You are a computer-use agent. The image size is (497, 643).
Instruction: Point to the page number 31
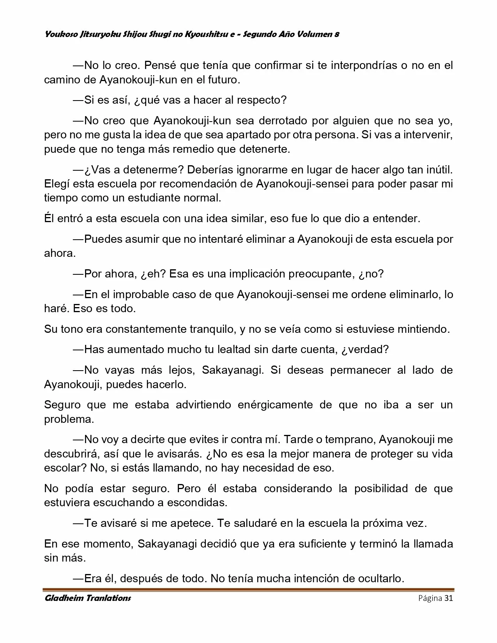coord(448,598)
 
